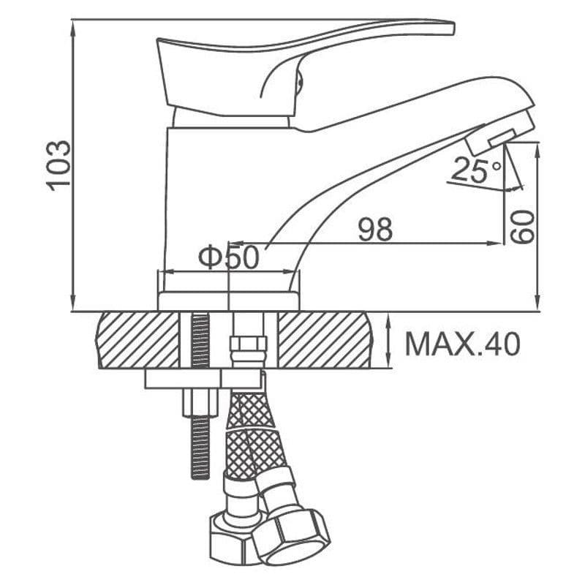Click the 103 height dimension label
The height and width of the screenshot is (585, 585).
pyautogui.click(x=58, y=166)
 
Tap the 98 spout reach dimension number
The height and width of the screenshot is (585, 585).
pyautogui.click(x=375, y=230)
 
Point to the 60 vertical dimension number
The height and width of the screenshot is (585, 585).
pyautogui.click(x=522, y=227)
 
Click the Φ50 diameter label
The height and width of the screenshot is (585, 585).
pyautogui.click(x=228, y=257)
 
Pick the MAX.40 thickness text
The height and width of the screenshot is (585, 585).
pyautogui.click(x=462, y=344)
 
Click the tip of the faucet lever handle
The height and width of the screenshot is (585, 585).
pyautogui.click(x=453, y=29)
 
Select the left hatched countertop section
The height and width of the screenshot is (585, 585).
pyautogui.click(x=138, y=340)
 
